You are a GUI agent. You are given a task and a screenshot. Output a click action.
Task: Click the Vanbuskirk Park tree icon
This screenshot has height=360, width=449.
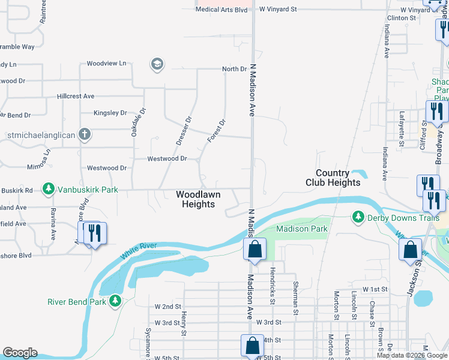(x=47, y=190)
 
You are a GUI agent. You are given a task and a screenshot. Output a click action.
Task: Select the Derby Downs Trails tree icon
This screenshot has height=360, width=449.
(x=358, y=217)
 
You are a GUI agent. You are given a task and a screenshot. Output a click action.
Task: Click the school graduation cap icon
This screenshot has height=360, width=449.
(x=157, y=64)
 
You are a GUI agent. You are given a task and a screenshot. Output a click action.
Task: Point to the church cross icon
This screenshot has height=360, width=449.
(x=85, y=134)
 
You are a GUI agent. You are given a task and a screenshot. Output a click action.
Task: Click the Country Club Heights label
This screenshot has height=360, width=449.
(x=333, y=178)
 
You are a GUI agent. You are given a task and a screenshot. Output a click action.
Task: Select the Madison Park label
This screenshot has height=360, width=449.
(x=301, y=229)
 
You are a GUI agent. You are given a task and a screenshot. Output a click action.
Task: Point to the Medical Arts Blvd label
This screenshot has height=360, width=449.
(x=221, y=10)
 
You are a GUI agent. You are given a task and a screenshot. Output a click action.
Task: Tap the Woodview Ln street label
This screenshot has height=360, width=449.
(x=106, y=63)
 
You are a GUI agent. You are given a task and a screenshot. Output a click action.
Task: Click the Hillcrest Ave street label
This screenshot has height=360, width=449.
(x=76, y=96)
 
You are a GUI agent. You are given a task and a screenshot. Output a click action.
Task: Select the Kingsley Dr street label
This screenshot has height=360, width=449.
(x=110, y=113)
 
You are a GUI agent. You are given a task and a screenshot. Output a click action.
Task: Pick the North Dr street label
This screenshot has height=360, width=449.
(x=234, y=69)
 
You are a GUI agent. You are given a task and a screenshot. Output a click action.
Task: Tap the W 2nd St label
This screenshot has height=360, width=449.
(x=167, y=306)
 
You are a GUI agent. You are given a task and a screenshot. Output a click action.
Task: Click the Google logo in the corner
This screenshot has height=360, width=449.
(x=20, y=353)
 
